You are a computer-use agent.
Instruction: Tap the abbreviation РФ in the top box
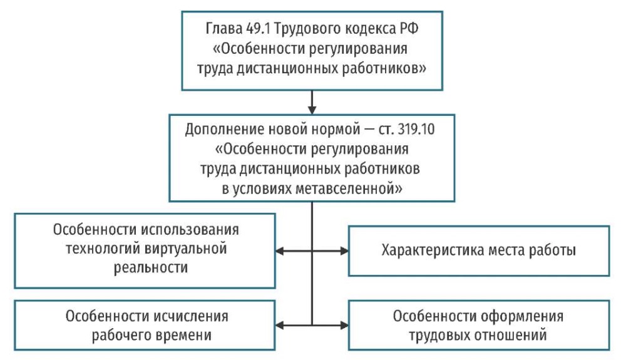[x=409, y=29]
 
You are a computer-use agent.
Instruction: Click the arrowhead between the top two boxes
[x=312, y=110]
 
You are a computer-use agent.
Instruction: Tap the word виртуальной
[x=186, y=249]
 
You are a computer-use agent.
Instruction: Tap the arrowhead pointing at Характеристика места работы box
[x=344, y=251]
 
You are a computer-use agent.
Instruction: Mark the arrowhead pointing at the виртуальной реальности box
[x=280, y=251]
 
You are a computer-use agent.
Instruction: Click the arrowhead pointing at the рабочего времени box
[x=280, y=326]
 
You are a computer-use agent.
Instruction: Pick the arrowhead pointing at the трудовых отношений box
[x=344, y=326]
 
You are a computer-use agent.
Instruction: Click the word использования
[x=190, y=230]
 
